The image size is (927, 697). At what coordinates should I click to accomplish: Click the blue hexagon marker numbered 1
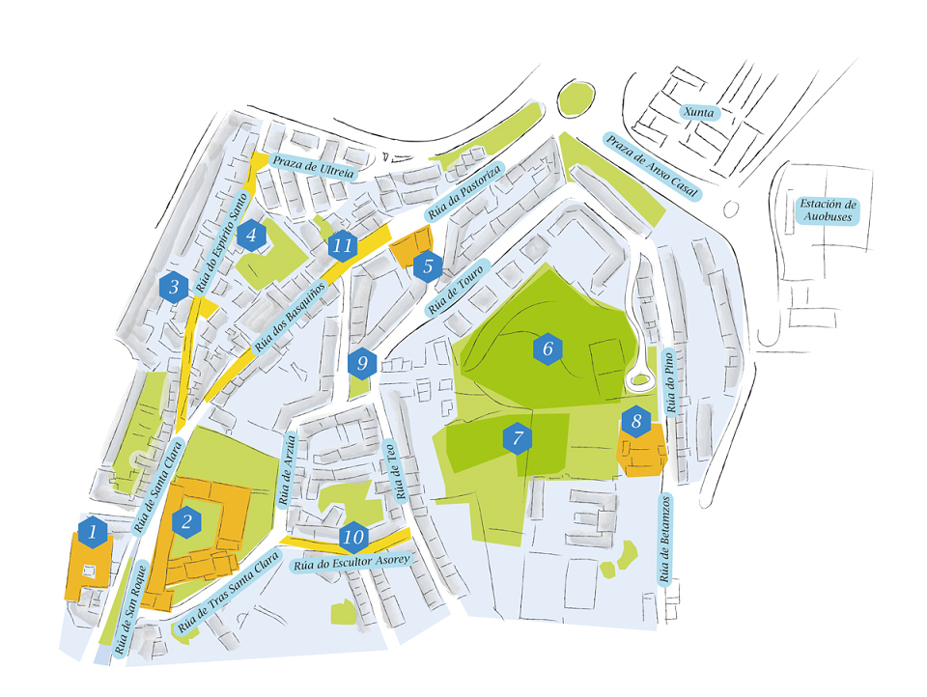(93, 532)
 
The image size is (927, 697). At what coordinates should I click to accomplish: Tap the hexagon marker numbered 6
(548, 348)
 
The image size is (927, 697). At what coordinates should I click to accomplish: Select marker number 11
(342, 245)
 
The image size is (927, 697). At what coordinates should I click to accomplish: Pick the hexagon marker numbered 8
(636, 422)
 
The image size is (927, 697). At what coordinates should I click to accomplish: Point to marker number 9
(362, 363)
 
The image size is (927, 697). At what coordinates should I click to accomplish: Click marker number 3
(174, 287)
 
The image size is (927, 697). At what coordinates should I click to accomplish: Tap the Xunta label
(699, 112)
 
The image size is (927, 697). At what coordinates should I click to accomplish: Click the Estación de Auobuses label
(828, 210)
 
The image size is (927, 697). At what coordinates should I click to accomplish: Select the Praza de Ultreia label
(313, 167)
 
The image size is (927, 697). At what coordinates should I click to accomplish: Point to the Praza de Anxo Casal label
(652, 166)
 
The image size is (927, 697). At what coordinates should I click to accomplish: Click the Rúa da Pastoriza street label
(465, 191)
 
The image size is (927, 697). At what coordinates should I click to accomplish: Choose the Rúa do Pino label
(669, 382)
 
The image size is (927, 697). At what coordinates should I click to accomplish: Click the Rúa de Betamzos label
(665, 539)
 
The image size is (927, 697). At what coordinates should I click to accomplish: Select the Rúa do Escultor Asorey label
(351, 562)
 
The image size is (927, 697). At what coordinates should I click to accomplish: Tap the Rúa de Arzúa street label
(288, 470)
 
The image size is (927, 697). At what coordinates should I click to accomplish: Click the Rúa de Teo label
(396, 470)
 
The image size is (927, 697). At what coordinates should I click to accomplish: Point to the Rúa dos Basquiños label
(290, 317)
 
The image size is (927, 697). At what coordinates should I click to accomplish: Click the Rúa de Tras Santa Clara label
(228, 592)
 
